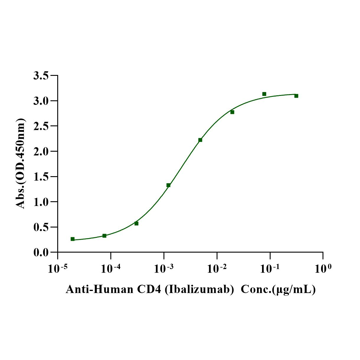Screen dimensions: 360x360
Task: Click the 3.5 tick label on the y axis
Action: click(x=41, y=76)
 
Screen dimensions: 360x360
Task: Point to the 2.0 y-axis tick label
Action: click(x=41, y=152)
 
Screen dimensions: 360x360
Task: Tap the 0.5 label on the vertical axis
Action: click(x=41, y=228)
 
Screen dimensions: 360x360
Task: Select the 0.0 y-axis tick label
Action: click(x=41, y=253)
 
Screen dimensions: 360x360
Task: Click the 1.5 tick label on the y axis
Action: click(x=41, y=177)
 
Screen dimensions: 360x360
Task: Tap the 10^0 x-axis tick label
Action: click(x=323, y=269)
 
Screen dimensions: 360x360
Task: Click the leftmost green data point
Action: click(x=73, y=239)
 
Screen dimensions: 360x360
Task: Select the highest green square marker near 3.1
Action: click(x=264, y=94)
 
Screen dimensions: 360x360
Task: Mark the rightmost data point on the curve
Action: click(x=296, y=96)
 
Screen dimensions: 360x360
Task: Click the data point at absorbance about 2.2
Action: click(x=200, y=140)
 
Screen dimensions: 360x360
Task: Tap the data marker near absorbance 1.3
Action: click(x=168, y=185)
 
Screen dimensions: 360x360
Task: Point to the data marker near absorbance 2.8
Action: click(x=232, y=112)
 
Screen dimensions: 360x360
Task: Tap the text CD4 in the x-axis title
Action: click(x=149, y=289)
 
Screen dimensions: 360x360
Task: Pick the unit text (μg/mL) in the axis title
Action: click(x=294, y=289)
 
